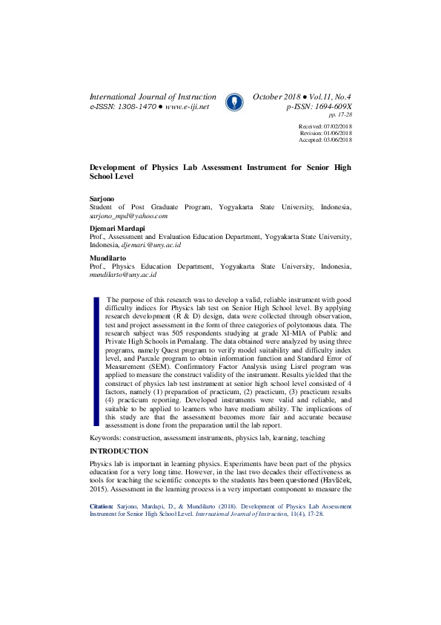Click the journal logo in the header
pyautogui.click(x=234, y=102)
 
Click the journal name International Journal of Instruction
pyautogui.click(x=153, y=97)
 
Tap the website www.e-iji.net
pyautogui.click(x=187, y=107)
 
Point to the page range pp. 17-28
pyautogui.click(x=339, y=115)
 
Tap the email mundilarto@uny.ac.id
pyautogui.click(x=123, y=274)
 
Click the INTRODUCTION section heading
pyautogui.click(x=119, y=451)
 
